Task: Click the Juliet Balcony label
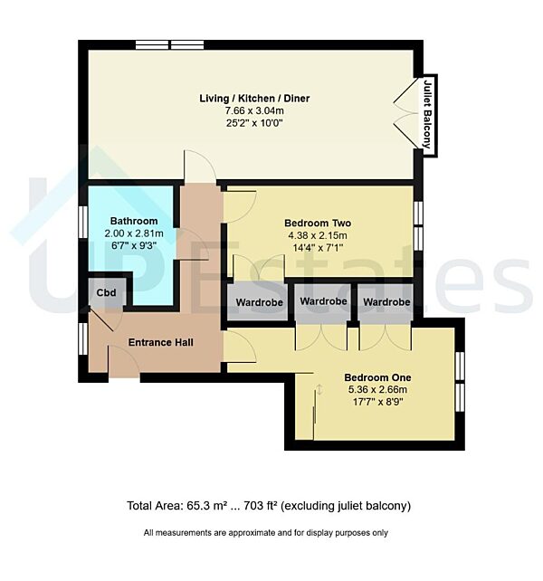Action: [428, 114]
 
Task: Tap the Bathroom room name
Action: [134, 221]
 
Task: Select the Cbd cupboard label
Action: [107, 292]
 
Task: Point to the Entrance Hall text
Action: [160, 342]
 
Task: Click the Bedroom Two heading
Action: [318, 223]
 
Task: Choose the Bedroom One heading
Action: [377, 377]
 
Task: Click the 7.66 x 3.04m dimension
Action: [254, 110]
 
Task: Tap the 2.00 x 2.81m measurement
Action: [134, 233]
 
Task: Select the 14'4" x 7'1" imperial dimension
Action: [318, 248]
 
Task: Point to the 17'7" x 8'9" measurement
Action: [377, 402]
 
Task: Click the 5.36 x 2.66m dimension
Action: [377, 390]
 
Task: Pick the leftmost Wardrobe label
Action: [259, 303]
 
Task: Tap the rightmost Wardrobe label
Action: [386, 302]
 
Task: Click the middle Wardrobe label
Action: [323, 301]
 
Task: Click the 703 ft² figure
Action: [261, 506]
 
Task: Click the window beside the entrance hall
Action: [83, 338]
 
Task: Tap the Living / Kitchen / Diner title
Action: [254, 99]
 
